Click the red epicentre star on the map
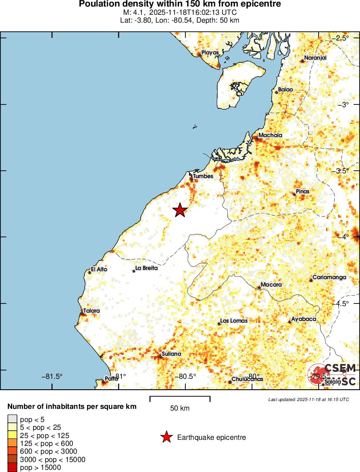(x=180, y=210)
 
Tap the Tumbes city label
(x=203, y=176)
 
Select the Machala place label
(x=270, y=135)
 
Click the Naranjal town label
(x=315, y=58)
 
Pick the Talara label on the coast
(x=92, y=311)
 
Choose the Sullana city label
(x=171, y=354)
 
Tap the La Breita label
(x=147, y=268)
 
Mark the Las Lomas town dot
(x=219, y=324)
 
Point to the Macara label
(x=271, y=285)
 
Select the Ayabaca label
(x=303, y=319)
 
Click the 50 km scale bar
(x=180, y=398)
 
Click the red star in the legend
(x=166, y=437)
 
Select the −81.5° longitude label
(x=52, y=376)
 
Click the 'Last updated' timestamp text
(x=309, y=399)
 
